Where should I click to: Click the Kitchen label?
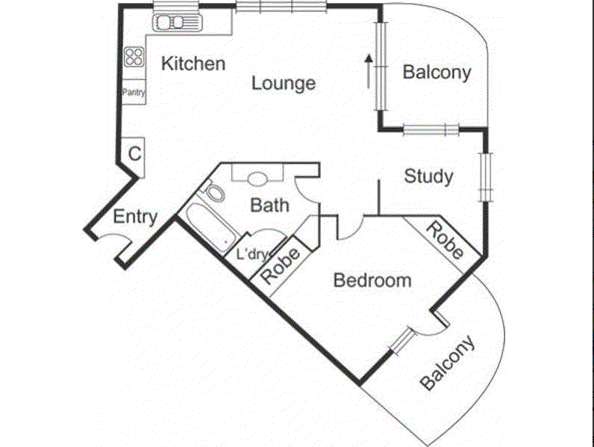tap(193, 64)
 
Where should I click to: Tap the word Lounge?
tap(283, 83)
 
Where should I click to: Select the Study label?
tap(428, 176)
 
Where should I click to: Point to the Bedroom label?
tap(372, 280)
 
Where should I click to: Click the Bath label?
tap(269, 205)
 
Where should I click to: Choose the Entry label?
tap(135, 218)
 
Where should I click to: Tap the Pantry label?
tap(134, 93)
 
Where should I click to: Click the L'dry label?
tap(251, 254)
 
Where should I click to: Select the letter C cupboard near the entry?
tap(134, 154)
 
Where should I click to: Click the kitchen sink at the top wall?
tap(178, 22)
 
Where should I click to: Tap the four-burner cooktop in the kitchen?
tap(134, 57)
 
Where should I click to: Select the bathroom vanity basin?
tap(257, 179)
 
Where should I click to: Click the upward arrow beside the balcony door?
tap(368, 69)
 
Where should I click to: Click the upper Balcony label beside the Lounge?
tap(437, 73)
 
